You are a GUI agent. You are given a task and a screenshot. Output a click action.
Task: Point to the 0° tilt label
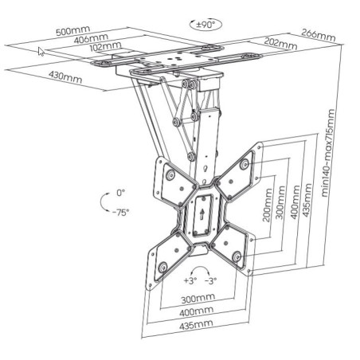click(x=121, y=194)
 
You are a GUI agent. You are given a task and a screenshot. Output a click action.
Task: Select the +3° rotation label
click(x=190, y=281)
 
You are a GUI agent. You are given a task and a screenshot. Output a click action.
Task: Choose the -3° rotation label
click(x=210, y=281)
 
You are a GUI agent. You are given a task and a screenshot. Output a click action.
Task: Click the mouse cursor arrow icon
click(x=42, y=52)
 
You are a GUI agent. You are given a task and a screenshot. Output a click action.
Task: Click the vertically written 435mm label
click(x=308, y=205)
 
